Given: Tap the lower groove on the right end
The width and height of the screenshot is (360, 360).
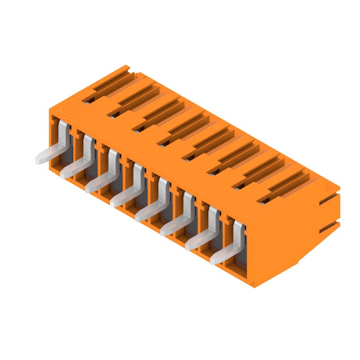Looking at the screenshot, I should (328, 227).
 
